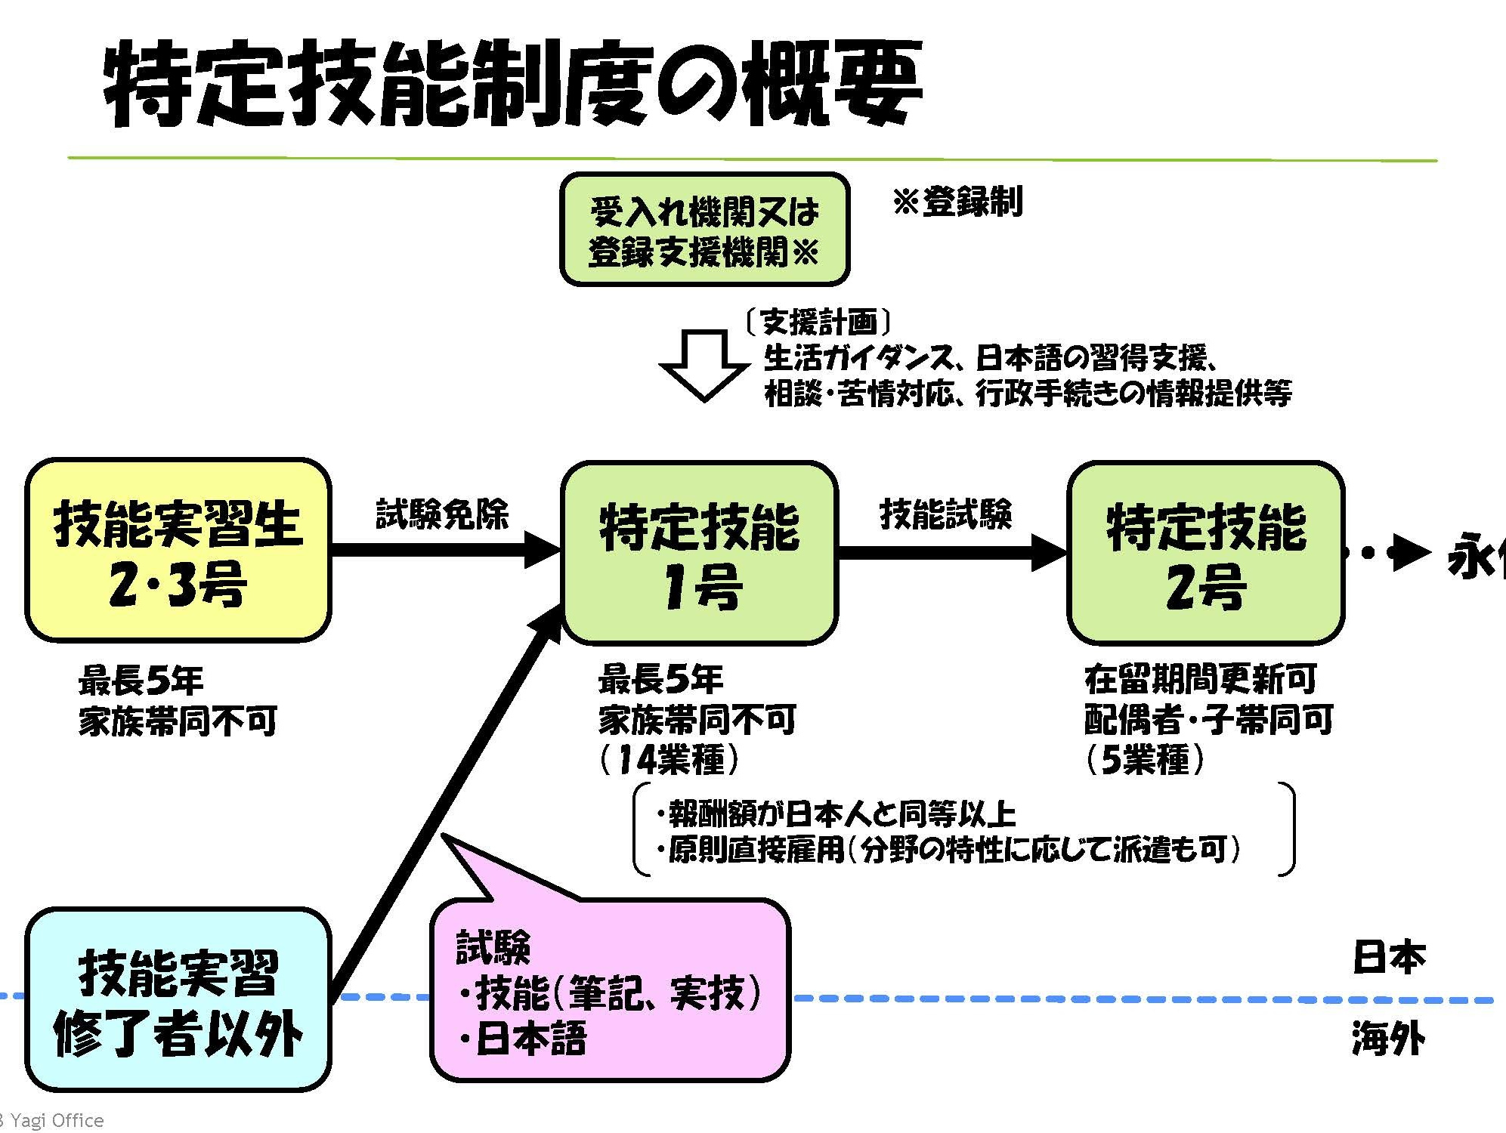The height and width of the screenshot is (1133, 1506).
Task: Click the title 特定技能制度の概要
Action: (x=512, y=85)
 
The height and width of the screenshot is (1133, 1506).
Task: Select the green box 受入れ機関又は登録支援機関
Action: (x=704, y=230)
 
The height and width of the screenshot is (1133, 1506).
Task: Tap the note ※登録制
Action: (x=957, y=202)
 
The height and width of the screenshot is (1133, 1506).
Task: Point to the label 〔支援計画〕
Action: (x=818, y=323)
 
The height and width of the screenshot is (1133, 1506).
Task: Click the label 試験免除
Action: (x=442, y=515)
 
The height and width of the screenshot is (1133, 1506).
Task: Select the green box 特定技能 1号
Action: (x=700, y=554)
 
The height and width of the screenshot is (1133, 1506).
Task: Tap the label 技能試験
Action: (x=945, y=515)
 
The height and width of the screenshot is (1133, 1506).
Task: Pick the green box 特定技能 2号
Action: (x=1205, y=554)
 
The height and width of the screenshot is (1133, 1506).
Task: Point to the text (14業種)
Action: (x=670, y=759)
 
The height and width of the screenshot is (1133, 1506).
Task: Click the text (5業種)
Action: (x=1145, y=759)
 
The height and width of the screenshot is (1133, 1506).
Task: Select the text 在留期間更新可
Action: (x=1201, y=679)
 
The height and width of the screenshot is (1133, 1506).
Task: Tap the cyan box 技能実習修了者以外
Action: (x=178, y=1000)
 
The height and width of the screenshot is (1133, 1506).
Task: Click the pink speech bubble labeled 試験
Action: (x=610, y=989)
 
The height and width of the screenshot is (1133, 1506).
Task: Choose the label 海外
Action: (x=1388, y=1038)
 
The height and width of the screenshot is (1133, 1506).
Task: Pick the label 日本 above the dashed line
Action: (x=1388, y=957)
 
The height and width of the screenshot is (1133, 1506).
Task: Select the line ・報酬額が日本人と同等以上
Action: (x=835, y=814)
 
